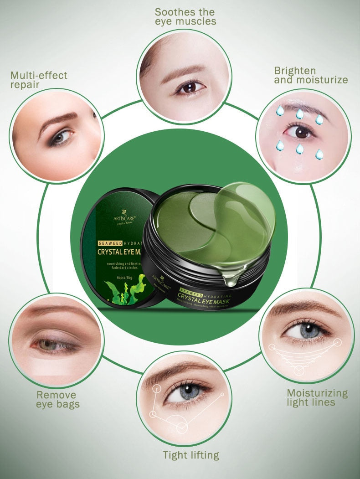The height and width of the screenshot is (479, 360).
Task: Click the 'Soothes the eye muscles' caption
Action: coord(185,16)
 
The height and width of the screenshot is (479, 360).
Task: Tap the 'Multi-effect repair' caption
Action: coord(39,80)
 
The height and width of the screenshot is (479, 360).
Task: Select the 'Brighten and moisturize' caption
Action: coord(311,75)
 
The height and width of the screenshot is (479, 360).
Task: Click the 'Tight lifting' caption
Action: coord(191,455)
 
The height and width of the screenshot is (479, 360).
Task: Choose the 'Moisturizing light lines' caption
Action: coord(317,397)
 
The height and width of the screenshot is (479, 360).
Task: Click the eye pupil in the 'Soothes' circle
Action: coord(187,87)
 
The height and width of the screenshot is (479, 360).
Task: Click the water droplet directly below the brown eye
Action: coord(299,149)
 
